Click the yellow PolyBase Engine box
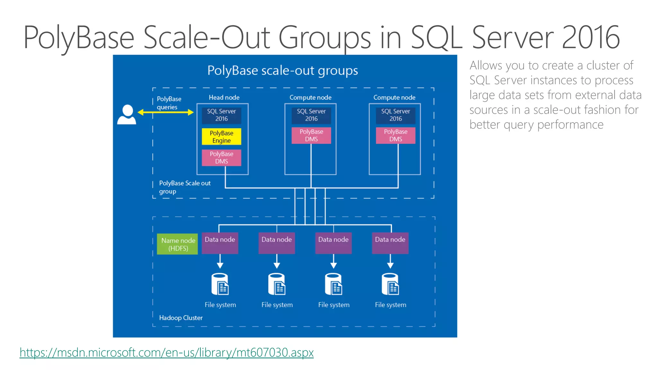tap(221, 137)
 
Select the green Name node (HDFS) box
tap(177, 244)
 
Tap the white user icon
tap(127, 114)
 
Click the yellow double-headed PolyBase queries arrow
tap(165, 112)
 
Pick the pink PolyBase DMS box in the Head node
tap(221, 158)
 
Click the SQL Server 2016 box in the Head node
tap(221, 115)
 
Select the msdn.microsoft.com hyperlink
tap(166, 353)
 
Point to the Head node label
tap(224, 97)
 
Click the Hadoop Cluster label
tap(181, 318)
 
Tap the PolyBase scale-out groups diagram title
tap(282, 70)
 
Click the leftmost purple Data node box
tap(220, 243)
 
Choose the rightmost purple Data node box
tap(390, 243)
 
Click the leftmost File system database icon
tap(220, 284)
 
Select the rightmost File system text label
tap(390, 305)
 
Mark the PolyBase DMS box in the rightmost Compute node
tap(396, 136)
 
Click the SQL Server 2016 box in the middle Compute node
tap(311, 115)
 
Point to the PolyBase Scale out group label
tap(184, 187)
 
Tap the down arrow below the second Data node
tap(277, 261)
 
